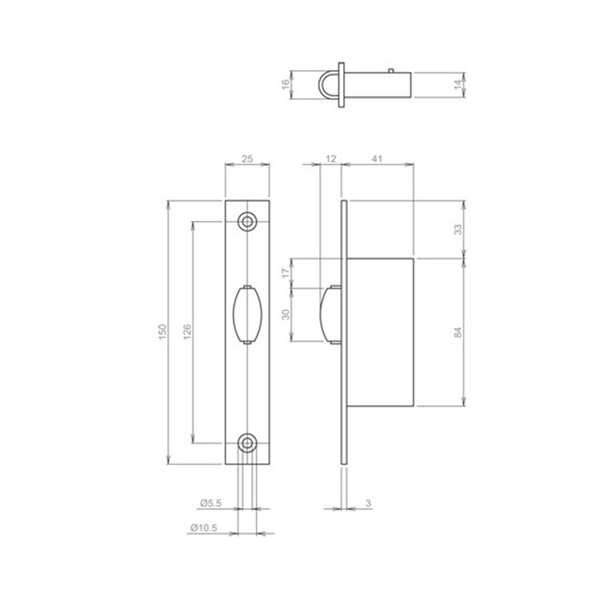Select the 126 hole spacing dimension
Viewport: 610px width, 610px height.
click(187, 331)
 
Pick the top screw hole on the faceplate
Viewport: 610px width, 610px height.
click(247, 222)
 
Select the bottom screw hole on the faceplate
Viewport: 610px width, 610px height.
click(247, 443)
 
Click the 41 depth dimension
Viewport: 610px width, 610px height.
click(376, 157)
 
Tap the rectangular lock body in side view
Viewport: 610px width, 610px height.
click(381, 331)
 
